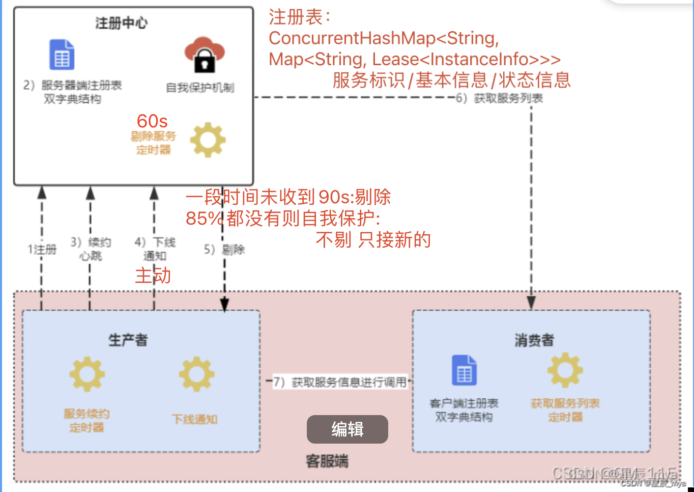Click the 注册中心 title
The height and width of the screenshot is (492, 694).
pyautogui.click(x=121, y=23)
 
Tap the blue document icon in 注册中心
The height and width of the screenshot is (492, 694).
pyautogui.click(x=62, y=54)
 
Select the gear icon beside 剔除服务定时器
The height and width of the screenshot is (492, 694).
pyautogui.click(x=208, y=140)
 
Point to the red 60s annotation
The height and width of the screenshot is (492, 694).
pyautogui.click(x=152, y=121)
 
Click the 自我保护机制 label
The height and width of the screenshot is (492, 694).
pyautogui.click(x=200, y=88)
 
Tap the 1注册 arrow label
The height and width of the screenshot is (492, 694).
pyautogui.click(x=42, y=250)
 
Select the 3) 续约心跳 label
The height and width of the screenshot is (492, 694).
pyautogui.click(x=91, y=249)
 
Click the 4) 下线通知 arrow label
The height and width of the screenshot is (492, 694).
pyautogui.click(x=155, y=249)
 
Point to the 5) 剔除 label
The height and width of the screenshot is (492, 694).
pyautogui.click(x=224, y=250)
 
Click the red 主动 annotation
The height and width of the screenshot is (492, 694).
pyautogui.click(x=153, y=276)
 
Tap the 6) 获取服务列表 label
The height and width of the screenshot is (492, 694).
pyautogui.click(x=500, y=98)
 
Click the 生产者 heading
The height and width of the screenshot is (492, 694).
pyautogui.click(x=128, y=340)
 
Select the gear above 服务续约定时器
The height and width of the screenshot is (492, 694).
pyautogui.click(x=87, y=374)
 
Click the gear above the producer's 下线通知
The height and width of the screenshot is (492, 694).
pyautogui.click(x=196, y=374)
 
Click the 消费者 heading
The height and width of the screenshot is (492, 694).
pyautogui.click(x=534, y=340)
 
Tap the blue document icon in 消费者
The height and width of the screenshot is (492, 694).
pyautogui.click(x=464, y=370)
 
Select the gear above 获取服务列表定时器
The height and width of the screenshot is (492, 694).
pyautogui.click(x=565, y=370)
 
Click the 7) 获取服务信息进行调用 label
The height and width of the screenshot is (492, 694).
pyautogui.click(x=340, y=382)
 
